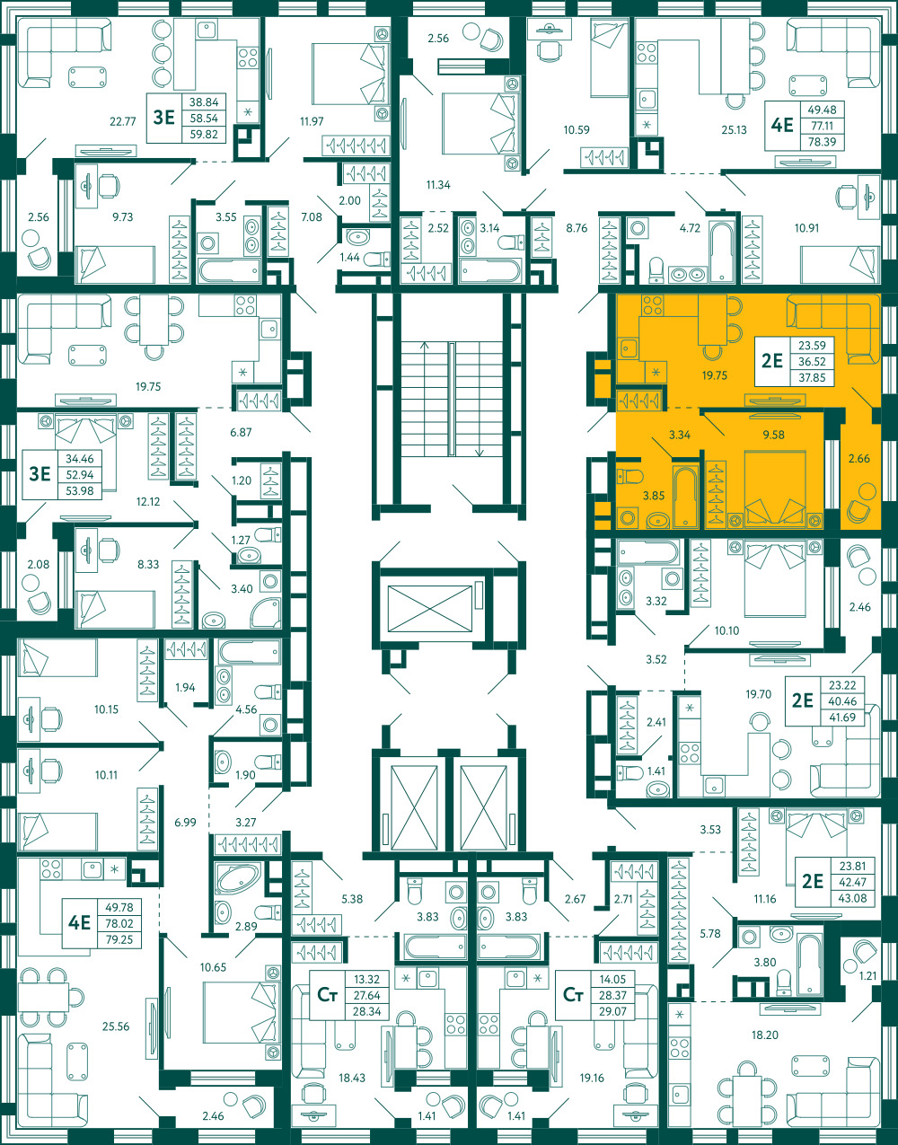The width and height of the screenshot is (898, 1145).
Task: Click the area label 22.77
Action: pyautogui.click(x=123, y=122)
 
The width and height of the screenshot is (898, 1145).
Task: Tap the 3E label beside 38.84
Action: pyautogui.click(x=163, y=117)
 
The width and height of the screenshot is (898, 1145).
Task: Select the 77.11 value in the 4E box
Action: pyautogui.click(x=822, y=126)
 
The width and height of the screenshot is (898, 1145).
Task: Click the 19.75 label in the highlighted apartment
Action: pyautogui.click(x=714, y=375)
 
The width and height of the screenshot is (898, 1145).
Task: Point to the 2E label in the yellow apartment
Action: pyautogui.click(x=771, y=360)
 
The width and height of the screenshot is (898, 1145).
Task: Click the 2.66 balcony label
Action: pyautogui.click(x=859, y=458)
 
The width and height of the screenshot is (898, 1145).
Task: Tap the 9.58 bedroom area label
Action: pyautogui.click(x=773, y=435)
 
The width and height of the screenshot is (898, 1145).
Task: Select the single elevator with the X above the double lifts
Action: pyautogui.click(x=430, y=608)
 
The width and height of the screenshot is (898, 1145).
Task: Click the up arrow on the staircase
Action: pyautogui.click(x=425, y=346)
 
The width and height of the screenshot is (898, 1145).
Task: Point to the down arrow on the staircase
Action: pyautogui.click(x=480, y=451)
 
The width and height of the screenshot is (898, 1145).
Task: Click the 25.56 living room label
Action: pyautogui.click(x=116, y=1026)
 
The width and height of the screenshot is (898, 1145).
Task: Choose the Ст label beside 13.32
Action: pyautogui.click(x=327, y=995)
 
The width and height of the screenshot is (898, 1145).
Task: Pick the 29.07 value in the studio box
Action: pyautogui.click(x=612, y=1011)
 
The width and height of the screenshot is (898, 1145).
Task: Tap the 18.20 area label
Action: pyautogui.click(x=765, y=1035)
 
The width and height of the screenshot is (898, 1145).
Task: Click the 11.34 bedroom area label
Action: pyautogui.click(x=438, y=185)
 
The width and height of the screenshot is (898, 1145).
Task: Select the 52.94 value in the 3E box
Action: pyautogui.click(x=80, y=475)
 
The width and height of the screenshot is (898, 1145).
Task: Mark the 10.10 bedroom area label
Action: pyautogui.click(x=726, y=630)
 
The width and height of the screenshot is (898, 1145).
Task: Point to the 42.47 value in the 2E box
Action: pyautogui.click(x=852, y=882)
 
